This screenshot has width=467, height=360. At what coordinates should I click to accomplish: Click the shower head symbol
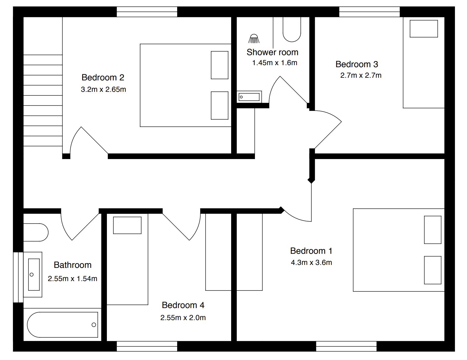click(254, 39)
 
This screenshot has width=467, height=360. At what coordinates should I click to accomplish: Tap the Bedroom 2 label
click(103, 77)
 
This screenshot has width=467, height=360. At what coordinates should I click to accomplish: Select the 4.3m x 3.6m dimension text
click(311, 263)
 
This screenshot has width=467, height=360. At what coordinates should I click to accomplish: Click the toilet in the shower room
click(292, 29)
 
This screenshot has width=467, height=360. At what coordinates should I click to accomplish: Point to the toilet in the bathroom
click(36, 232)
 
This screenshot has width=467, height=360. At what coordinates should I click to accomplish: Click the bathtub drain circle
click(94, 325)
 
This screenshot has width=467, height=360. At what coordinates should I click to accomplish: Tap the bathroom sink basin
click(34, 275)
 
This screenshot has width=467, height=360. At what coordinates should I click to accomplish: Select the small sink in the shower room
click(249, 97)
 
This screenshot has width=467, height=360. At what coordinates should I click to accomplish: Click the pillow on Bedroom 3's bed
click(424, 29)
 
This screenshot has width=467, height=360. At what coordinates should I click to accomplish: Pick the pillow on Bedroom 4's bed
click(127, 225)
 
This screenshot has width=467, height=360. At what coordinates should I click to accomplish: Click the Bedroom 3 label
click(357, 64)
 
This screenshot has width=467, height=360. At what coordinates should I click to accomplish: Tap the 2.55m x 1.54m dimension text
click(73, 279)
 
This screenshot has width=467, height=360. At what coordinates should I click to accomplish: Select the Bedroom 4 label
click(183, 305)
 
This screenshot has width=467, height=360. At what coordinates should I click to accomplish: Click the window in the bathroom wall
click(18, 277)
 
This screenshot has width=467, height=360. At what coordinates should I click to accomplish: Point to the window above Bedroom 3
click(369, 12)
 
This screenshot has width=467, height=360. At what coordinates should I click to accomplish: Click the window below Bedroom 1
click(346, 346)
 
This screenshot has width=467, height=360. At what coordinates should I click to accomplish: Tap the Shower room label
click(272, 52)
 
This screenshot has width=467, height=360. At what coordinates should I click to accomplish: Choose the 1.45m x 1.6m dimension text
click(275, 63)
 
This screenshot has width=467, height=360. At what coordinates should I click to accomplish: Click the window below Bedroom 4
click(147, 346)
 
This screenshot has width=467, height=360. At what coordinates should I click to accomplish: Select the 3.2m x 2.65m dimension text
click(103, 89)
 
